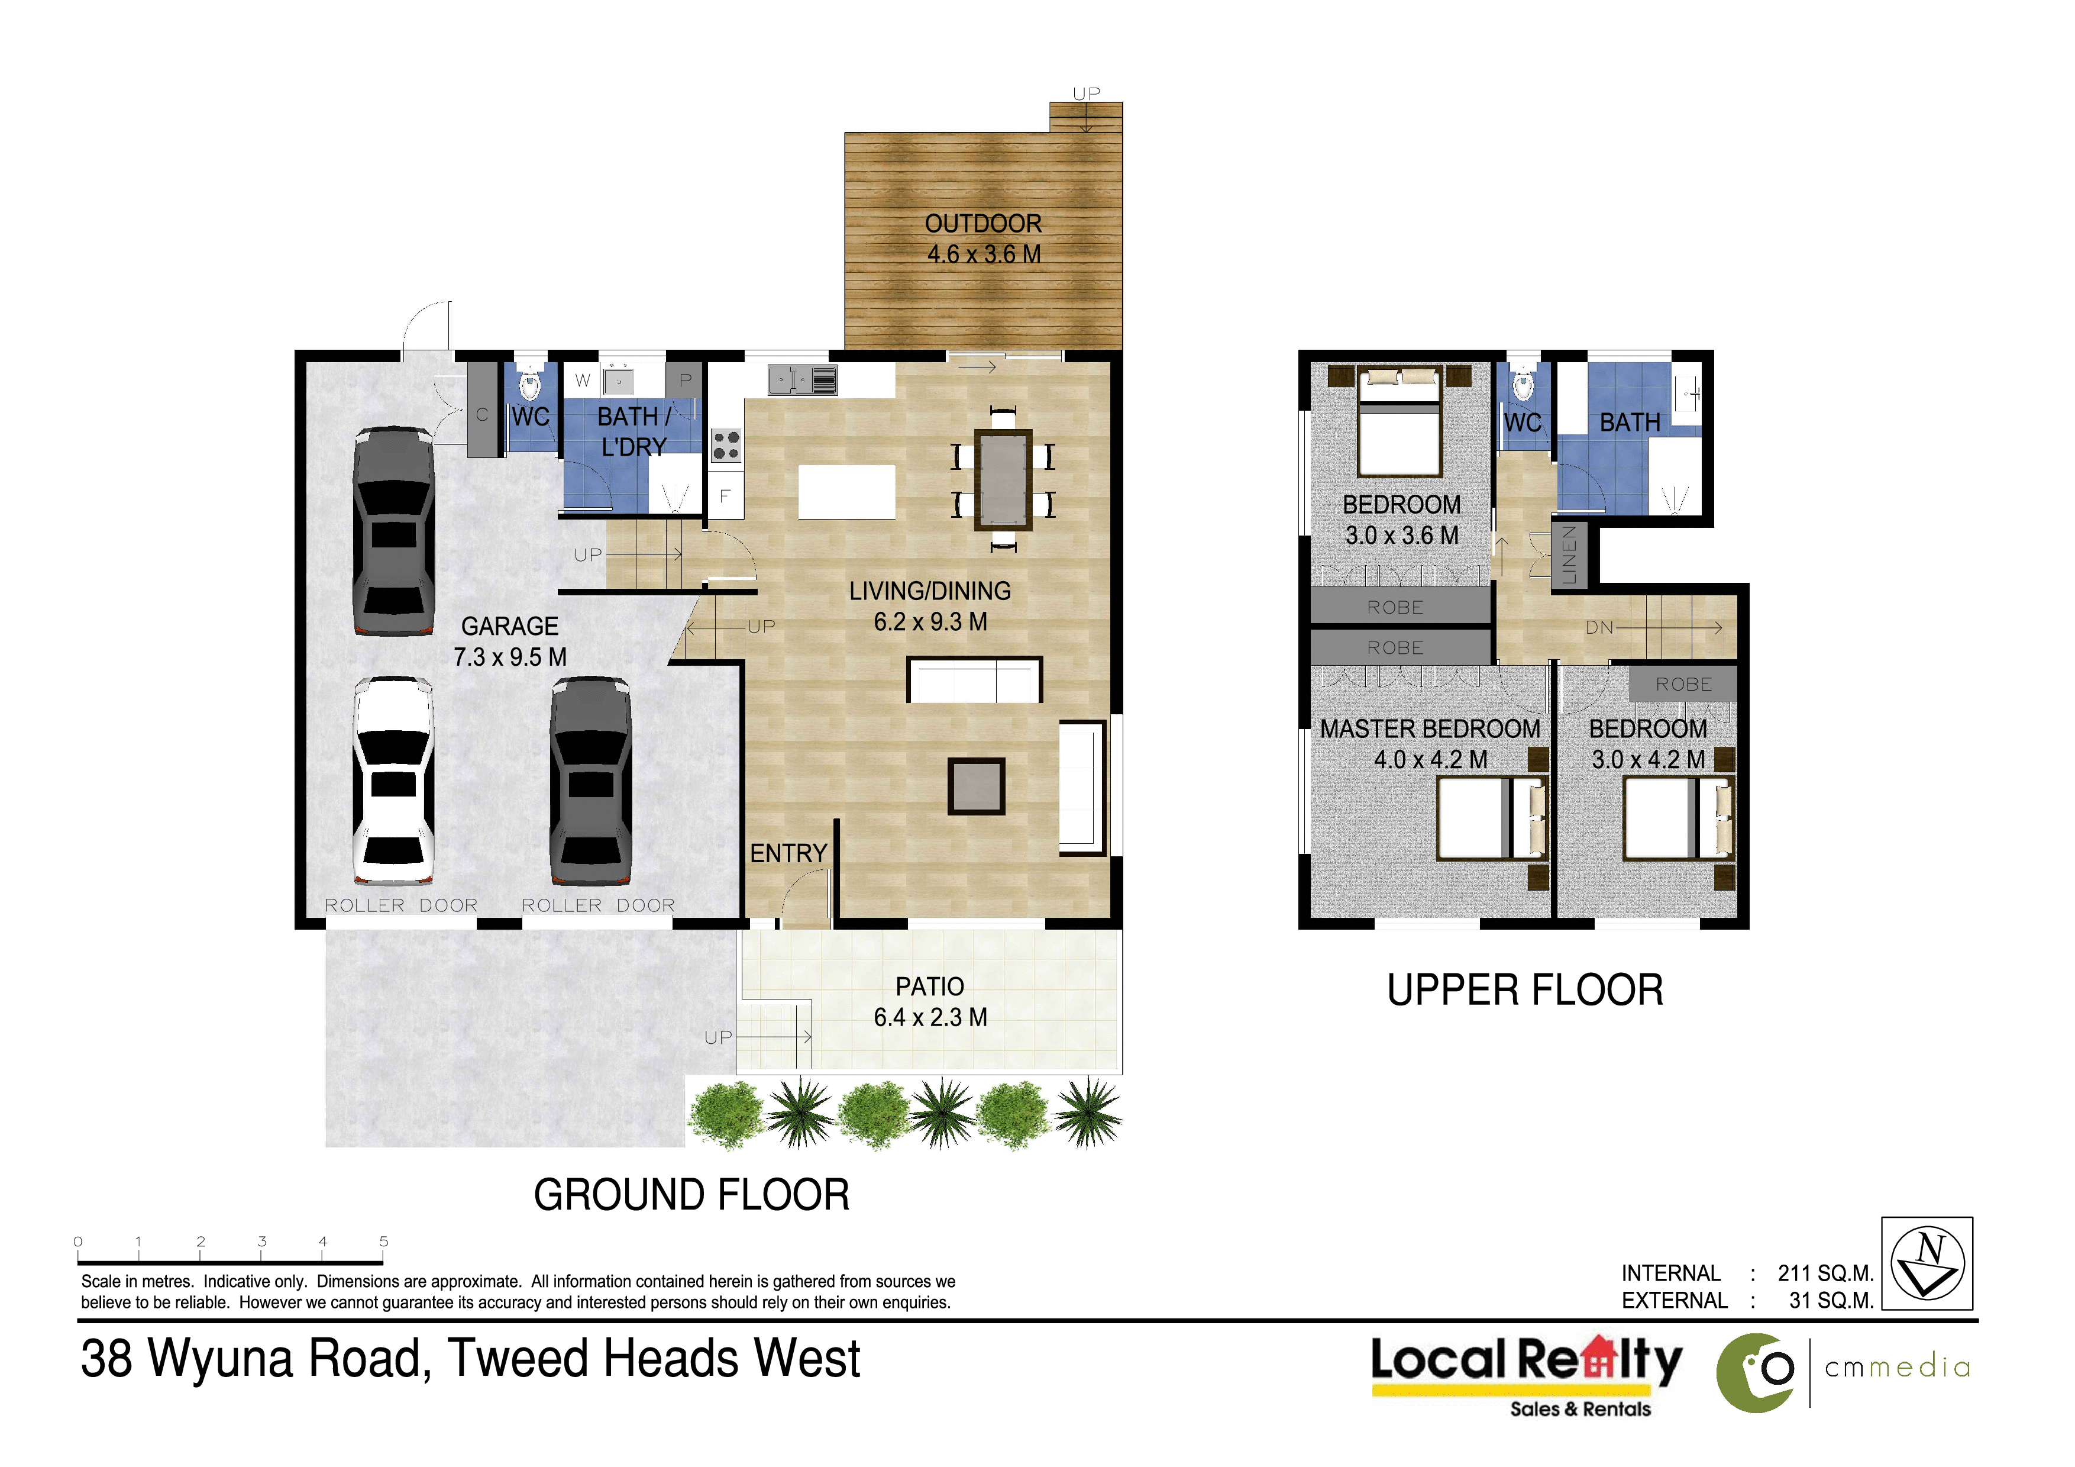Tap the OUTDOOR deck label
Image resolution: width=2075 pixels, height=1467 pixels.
coord(983,238)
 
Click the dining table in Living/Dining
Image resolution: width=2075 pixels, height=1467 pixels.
coord(1002,479)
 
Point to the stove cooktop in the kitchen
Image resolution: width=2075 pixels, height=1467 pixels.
coord(726,446)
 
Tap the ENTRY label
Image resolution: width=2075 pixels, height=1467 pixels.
coord(788,853)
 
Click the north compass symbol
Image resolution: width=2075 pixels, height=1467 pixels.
coord(1928,1263)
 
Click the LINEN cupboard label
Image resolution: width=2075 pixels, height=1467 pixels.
coord(1570,555)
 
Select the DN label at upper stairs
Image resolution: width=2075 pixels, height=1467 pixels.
coord(1599,627)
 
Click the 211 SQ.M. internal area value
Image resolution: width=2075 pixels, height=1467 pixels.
coord(1825,1273)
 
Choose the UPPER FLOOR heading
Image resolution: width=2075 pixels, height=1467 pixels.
coord(1525,990)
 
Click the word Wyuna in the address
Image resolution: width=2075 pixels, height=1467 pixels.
coord(221,1359)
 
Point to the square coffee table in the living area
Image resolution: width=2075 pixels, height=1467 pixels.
coord(976,785)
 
